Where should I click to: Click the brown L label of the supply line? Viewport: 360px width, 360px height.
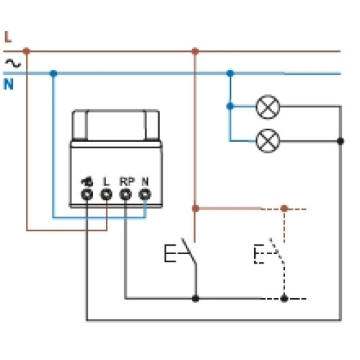(x=8, y=37)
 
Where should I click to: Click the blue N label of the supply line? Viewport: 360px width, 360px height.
(x=9, y=84)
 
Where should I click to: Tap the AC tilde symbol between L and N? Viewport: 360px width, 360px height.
(x=13, y=63)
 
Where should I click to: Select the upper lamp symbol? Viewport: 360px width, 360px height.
(x=268, y=107)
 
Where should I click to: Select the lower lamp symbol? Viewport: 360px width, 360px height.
(x=268, y=140)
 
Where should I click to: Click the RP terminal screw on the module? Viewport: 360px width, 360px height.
(x=125, y=194)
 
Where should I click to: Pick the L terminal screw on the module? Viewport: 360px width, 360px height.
(x=106, y=194)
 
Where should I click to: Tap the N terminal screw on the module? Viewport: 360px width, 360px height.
(x=145, y=194)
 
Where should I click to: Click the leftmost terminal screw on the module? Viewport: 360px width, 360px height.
(x=87, y=194)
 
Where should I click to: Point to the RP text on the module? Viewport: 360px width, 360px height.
(x=127, y=181)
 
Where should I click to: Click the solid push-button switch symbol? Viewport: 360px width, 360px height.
(x=181, y=252)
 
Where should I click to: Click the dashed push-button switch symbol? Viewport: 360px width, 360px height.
(x=269, y=252)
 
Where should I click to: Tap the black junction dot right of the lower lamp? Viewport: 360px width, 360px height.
(x=341, y=141)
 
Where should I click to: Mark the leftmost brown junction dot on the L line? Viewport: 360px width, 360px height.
(x=27, y=51)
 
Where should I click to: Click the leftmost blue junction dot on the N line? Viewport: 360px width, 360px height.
(x=53, y=73)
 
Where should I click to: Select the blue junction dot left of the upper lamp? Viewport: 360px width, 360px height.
(x=230, y=106)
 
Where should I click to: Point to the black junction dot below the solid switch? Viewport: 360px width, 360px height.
(x=195, y=299)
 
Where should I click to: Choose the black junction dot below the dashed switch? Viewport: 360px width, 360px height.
(x=284, y=299)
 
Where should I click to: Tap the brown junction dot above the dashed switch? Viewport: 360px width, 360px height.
(x=284, y=208)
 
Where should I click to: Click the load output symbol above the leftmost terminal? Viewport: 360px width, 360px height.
(x=87, y=182)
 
